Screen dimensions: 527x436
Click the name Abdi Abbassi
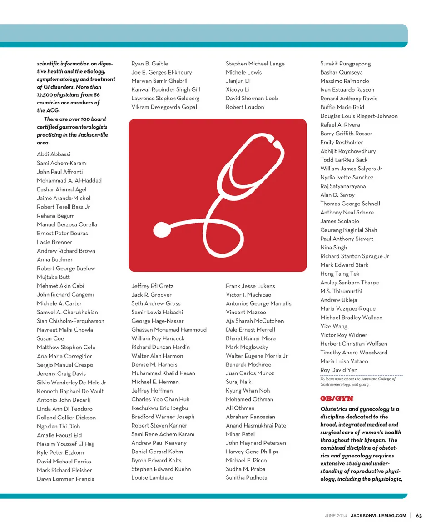coord(54,154)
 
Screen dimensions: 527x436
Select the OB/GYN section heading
coord(336,398)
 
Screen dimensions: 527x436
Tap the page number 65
coord(419,516)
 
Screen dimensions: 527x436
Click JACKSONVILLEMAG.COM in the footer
coord(378,516)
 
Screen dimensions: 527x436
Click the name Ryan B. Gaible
coord(149,64)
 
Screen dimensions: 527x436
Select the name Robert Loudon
coord(245,107)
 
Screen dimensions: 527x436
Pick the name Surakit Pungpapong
coord(345,64)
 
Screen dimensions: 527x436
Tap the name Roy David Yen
coord(338,370)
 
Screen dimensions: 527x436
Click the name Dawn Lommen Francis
coord(65,479)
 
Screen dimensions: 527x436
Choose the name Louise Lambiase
coord(152,477)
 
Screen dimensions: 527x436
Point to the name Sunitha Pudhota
coord(247,477)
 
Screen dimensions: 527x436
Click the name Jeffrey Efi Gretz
coord(152,286)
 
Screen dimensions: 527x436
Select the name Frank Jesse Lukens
coord(250,286)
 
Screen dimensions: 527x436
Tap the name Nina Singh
coord(333,248)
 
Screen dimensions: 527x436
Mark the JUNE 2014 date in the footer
coord(336,516)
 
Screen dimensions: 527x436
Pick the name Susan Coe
coord(50,338)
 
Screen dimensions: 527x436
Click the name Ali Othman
coord(240,408)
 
